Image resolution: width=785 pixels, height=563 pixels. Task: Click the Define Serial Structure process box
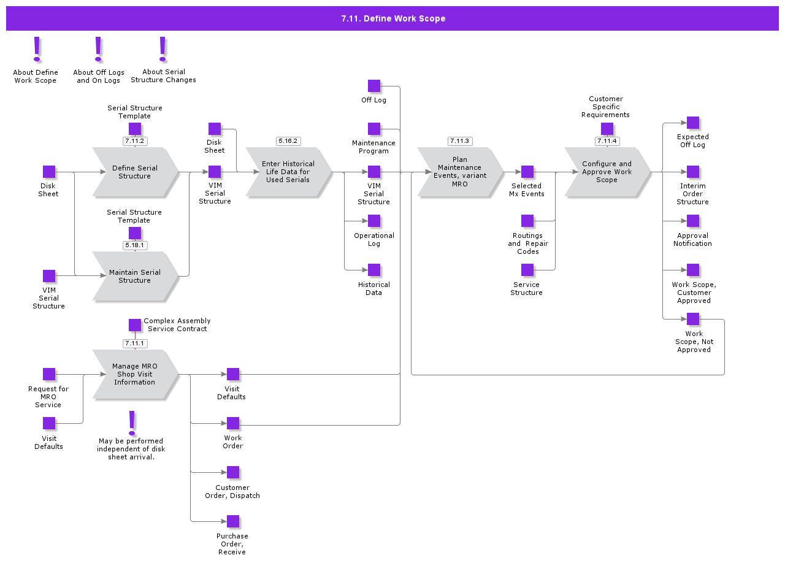point(135,172)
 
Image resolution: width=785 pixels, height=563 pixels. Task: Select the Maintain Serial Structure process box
point(135,277)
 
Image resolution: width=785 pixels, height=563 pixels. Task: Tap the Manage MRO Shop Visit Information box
point(135,374)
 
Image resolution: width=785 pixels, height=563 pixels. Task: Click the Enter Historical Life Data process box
point(288,172)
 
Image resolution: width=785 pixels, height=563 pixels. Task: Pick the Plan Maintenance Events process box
point(460,172)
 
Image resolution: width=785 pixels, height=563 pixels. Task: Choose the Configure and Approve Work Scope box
point(607,172)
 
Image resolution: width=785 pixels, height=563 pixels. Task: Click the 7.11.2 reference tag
point(135,141)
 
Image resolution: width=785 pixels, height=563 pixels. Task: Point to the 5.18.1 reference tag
point(135,245)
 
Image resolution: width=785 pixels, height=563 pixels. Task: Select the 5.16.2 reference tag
point(288,141)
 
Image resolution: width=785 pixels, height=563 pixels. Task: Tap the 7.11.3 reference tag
point(460,141)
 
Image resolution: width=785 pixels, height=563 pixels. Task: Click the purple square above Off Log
point(374,86)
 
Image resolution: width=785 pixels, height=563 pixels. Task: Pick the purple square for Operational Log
point(374,221)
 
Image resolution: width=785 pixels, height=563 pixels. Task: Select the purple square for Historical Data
point(374,270)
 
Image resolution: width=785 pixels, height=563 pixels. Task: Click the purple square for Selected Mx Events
point(527,172)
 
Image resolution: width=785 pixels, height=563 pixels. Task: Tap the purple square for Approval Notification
point(693,221)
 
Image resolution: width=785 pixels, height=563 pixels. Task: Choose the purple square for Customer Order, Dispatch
point(233,472)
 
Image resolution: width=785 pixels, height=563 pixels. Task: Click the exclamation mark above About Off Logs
point(98,50)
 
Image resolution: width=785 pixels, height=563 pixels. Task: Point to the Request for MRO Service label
point(48,397)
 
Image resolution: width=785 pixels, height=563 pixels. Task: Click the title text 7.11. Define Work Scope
point(393,18)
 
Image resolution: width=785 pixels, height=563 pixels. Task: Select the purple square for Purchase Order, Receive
point(233,521)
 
